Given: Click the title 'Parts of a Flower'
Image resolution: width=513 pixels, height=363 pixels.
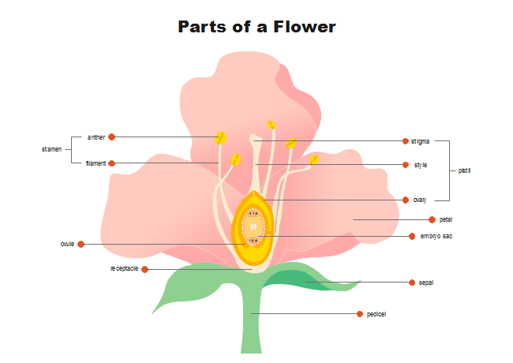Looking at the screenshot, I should coord(256,27).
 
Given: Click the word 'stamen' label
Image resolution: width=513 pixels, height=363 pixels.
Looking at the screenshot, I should coord(51,148).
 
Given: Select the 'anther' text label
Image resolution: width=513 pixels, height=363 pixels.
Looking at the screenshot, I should coord(96,137).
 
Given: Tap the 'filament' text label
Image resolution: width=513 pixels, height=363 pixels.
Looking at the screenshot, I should coord(95,163).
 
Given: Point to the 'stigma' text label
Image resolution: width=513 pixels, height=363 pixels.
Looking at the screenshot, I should coord(420,141).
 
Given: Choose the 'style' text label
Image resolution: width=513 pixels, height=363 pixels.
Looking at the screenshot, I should coord(420,165).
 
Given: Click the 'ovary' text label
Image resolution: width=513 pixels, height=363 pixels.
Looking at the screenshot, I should coord(419,200).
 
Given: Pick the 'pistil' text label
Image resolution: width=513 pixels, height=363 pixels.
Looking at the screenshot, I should coord(465,170).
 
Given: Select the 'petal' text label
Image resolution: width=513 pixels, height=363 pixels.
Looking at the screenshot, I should coord(446,219).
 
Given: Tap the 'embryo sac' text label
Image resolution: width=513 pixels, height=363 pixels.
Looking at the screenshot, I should coord(436,236).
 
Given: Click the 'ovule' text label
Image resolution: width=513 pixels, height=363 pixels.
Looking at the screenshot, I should coord(67,244).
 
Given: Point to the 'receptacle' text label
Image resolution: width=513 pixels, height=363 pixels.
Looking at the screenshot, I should coord(124,268).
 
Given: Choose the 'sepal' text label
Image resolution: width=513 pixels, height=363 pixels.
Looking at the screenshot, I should coord(426,282).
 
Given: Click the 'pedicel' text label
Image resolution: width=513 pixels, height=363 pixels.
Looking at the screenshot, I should coord(376,314).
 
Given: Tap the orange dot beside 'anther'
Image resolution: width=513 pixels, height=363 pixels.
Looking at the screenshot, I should coord(112,137).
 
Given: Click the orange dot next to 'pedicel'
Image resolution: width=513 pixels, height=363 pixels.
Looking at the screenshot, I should coord(360,314).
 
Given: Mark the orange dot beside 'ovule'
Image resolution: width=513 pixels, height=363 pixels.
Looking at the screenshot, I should coord(81,244).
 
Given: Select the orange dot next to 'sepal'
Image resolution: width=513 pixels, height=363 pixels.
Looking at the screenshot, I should coord(411,282).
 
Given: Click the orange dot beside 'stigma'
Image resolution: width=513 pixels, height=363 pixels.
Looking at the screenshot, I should coord(404,141).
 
